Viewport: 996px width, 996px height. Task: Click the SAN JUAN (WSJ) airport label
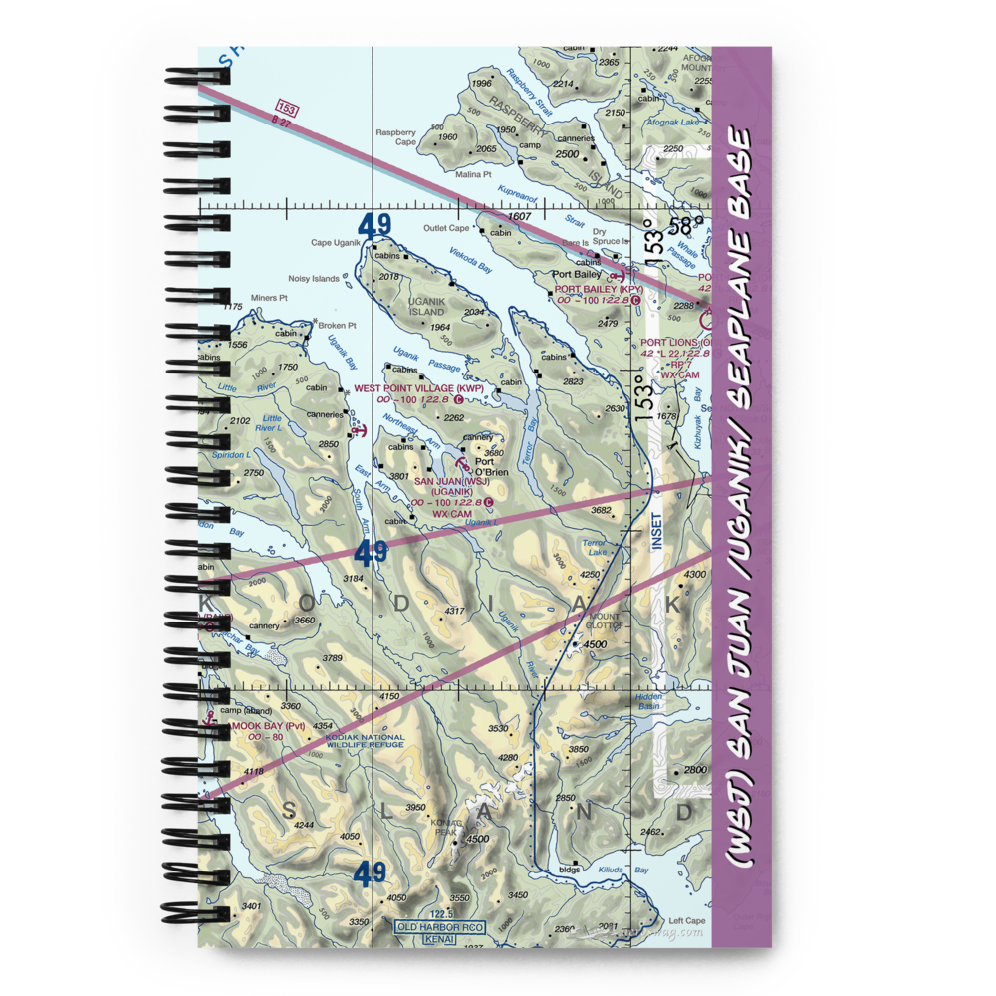point(451,482)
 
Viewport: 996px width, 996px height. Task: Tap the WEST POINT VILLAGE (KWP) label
point(418,388)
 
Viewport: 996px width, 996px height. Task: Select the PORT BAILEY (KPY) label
point(599,290)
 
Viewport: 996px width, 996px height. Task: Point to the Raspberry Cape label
point(395,136)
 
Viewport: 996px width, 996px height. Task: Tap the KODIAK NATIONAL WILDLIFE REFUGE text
point(365,741)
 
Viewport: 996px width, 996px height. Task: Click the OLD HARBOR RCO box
point(439,928)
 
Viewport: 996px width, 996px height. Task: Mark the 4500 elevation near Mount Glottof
point(594,645)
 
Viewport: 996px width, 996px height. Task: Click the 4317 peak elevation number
point(455,611)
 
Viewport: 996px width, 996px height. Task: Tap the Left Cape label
point(686,920)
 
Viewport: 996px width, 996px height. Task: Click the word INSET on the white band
point(656,537)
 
